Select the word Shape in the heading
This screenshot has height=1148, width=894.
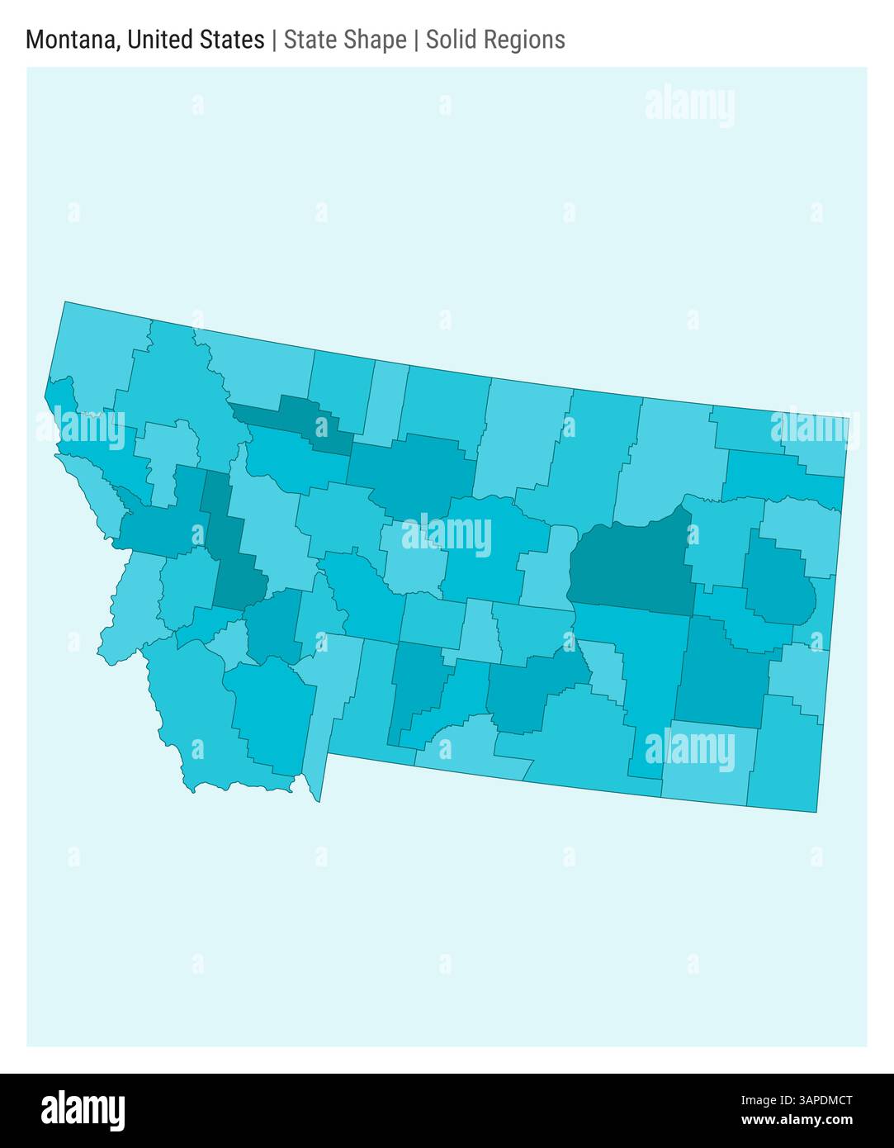click(x=377, y=40)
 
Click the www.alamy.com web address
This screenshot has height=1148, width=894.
click(x=797, y=1121)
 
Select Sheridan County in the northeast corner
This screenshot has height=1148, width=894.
click(x=813, y=438)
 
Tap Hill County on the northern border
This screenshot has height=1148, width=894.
click(x=446, y=405)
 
